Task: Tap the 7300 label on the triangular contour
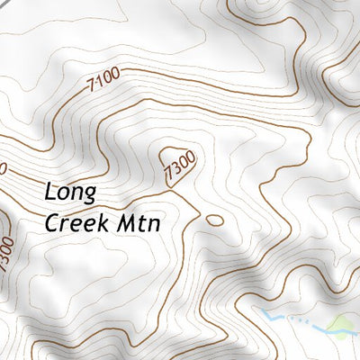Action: (180, 168)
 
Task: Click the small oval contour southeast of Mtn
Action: (214, 219)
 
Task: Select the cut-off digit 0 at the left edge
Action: (3, 167)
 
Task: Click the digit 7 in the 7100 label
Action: (93, 94)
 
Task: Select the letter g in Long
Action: (98, 197)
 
